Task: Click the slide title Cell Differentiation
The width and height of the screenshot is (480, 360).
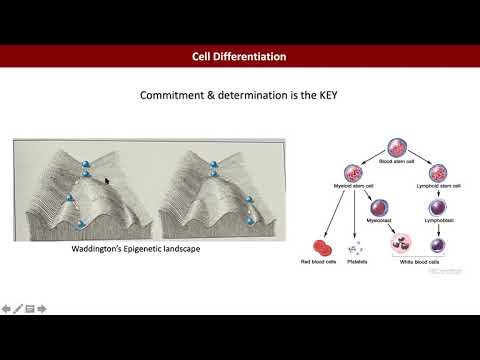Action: [240, 56]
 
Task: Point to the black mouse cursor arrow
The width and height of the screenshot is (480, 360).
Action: [108, 182]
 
